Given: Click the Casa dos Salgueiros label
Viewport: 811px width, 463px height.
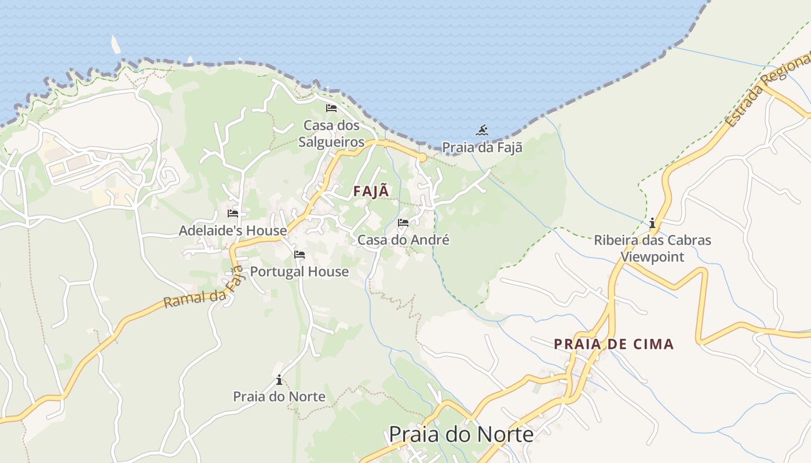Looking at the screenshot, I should (x=331, y=134).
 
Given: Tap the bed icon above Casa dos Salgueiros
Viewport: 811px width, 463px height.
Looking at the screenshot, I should (x=331, y=108).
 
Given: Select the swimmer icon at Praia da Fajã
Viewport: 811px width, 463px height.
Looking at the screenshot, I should (x=482, y=130).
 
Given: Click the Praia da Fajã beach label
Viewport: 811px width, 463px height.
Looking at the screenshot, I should (x=482, y=148).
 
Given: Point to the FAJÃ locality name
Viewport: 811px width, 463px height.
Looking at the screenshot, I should (x=371, y=192).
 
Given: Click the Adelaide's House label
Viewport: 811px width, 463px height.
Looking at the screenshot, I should (x=232, y=230).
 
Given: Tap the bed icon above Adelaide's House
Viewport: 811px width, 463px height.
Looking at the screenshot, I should (x=233, y=214).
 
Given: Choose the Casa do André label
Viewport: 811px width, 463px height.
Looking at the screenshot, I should (x=403, y=240).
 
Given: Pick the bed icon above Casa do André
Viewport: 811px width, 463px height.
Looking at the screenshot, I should (x=403, y=223).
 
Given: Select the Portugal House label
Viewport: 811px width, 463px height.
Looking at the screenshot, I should (x=299, y=271).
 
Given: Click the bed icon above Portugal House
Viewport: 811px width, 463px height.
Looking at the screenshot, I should (x=299, y=255).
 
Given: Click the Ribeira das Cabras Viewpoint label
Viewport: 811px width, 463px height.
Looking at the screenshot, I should (x=652, y=248).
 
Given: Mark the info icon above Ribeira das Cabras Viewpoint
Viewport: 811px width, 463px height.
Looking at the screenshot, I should (x=652, y=223).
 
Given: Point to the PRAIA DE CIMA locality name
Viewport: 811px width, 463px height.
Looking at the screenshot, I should (x=614, y=344).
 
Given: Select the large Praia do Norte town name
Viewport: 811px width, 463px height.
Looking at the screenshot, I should (x=461, y=434).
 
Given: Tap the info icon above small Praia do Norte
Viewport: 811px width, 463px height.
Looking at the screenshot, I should (x=279, y=380).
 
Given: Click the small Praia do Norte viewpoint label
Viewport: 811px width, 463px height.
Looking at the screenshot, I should (x=279, y=396).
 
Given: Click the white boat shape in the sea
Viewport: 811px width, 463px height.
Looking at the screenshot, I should (x=116, y=45).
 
